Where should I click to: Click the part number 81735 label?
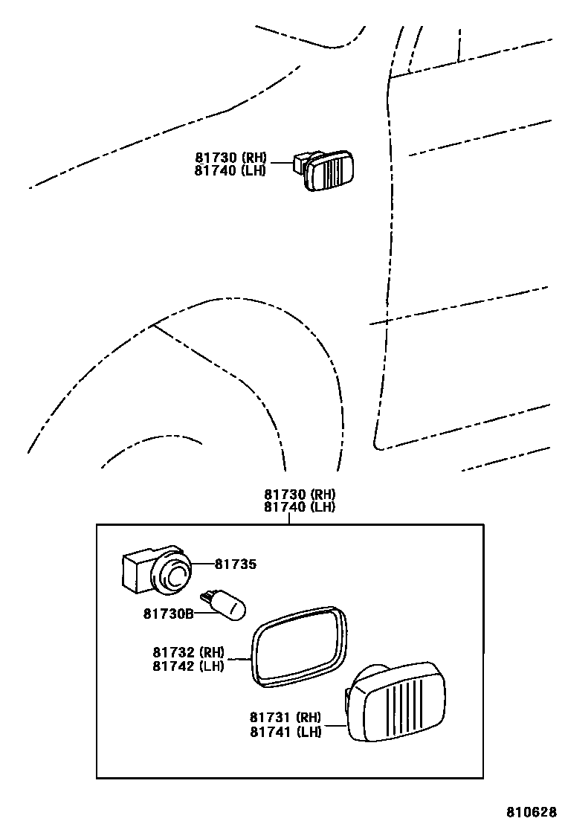click(x=236, y=564)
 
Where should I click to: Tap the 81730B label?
click(x=168, y=614)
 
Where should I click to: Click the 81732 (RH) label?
click(x=189, y=653)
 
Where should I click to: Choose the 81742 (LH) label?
click(x=189, y=666)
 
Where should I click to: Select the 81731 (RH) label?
click(x=285, y=718)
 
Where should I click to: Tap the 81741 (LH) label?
click(x=285, y=732)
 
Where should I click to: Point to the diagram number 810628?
click(x=532, y=811)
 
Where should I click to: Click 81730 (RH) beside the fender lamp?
click(x=231, y=158)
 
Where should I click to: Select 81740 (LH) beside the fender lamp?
click(x=231, y=170)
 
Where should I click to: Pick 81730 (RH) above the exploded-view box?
click(x=300, y=494)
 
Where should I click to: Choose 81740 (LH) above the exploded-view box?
click(x=300, y=507)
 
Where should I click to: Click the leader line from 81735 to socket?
click(x=203, y=564)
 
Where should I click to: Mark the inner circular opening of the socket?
click(x=176, y=576)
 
